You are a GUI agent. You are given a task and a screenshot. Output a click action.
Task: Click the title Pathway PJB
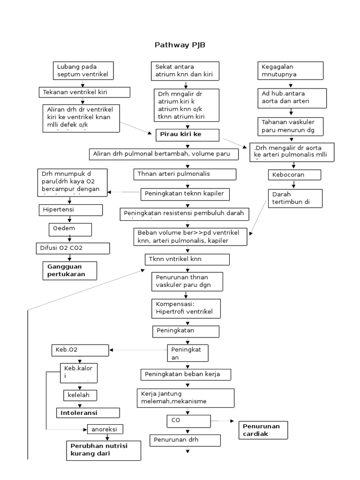pyautogui.click(x=180, y=45)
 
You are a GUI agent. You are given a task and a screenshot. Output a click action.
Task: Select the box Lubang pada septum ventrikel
pyautogui.click(x=83, y=70)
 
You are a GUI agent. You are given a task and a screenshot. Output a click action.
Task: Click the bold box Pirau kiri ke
pyautogui.click(x=187, y=135)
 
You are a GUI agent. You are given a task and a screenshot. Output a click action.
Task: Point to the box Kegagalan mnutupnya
pyautogui.click(x=290, y=70)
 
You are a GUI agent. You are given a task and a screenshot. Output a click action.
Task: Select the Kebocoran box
pyautogui.click(x=294, y=175)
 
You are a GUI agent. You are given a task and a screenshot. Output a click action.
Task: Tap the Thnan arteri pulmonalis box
pyautogui.click(x=185, y=174)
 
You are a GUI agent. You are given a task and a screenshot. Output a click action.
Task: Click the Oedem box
pyautogui.click(x=70, y=229)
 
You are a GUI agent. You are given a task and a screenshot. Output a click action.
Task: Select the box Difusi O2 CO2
pyautogui.click(x=73, y=248)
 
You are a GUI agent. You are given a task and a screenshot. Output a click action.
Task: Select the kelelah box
pyautogui.click(x=80, y=396)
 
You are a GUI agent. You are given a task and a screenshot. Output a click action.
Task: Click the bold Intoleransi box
pyautogui.click(x=88, y=413)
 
